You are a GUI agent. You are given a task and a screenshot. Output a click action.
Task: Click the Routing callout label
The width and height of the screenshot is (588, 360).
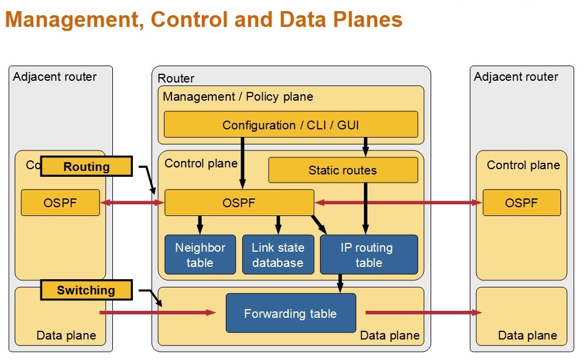coord(86,167)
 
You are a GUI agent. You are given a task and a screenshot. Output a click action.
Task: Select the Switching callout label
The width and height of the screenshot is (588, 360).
coord(86,290)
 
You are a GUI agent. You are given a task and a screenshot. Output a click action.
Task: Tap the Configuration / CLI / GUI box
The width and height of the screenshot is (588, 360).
coord(291,125)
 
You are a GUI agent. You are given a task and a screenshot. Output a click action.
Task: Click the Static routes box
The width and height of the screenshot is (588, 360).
coord(343,170)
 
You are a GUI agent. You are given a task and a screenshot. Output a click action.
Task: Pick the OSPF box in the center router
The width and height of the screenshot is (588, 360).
coord(239,203)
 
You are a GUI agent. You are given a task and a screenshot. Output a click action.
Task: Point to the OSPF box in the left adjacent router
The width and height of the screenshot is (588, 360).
coord(60,203)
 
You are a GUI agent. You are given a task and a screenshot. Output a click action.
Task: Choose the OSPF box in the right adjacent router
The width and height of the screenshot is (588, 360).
coord(521,203)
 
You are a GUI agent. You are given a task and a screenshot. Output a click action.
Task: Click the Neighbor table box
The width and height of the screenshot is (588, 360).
coord(200,255)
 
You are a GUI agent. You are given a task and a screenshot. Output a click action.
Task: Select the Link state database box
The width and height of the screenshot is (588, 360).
coord(278,255)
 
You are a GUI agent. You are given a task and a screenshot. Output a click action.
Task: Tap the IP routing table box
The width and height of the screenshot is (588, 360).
coord(369,255)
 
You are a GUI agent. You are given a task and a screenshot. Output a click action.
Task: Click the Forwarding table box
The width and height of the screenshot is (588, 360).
coord(291,313)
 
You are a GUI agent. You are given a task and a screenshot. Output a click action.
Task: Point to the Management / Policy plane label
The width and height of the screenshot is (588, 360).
coord(238,97)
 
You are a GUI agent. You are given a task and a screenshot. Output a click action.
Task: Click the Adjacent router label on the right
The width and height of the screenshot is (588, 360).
coord(516,77)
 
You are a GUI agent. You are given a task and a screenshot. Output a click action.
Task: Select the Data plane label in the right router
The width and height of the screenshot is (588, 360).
coord(528,335)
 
